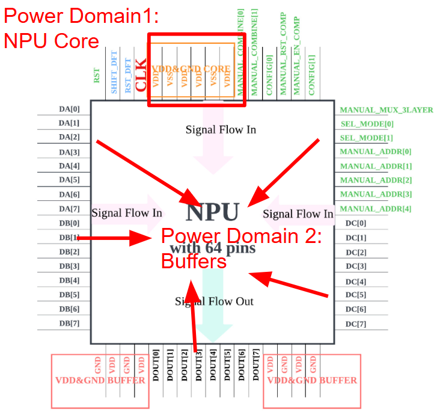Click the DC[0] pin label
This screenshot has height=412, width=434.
356,223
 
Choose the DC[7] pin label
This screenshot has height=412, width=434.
356,324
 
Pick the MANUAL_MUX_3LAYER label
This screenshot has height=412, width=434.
387,110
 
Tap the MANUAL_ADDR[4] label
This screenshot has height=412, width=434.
376,209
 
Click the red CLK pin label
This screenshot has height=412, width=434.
141,76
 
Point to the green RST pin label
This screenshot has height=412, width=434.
97,76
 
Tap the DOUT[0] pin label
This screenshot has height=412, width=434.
156,365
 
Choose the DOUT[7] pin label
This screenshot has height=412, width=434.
255,365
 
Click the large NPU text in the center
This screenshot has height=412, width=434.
213,212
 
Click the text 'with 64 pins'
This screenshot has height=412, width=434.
213,247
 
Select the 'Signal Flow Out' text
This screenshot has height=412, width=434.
214,301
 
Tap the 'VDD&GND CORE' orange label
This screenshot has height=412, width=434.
192,69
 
